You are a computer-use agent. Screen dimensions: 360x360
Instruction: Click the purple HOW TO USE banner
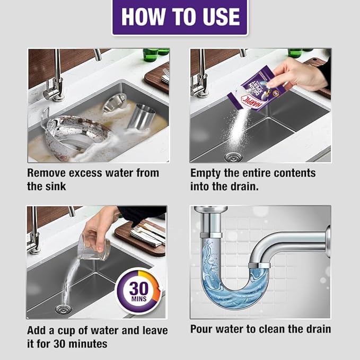[x=180, y=16]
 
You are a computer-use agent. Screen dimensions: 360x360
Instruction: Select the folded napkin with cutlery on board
[x=146, y=234]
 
